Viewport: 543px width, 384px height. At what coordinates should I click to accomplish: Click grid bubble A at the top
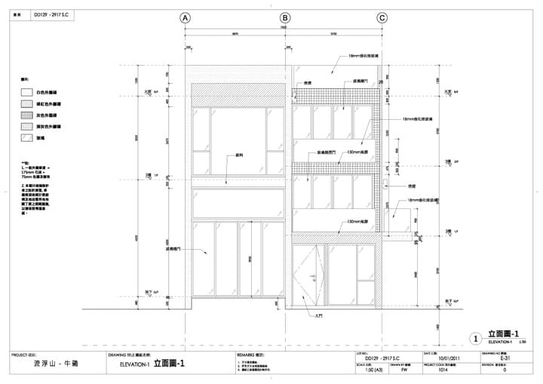(x=186, y=18)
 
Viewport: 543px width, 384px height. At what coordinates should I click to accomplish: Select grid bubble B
(x=285, y=18)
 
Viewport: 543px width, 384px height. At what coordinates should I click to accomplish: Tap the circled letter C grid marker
(x=382, y=18)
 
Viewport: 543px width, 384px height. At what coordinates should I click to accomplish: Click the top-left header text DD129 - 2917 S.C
(x=48, y=14)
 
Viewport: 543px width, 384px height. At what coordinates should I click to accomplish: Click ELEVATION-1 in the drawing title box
(x=135, y=364)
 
